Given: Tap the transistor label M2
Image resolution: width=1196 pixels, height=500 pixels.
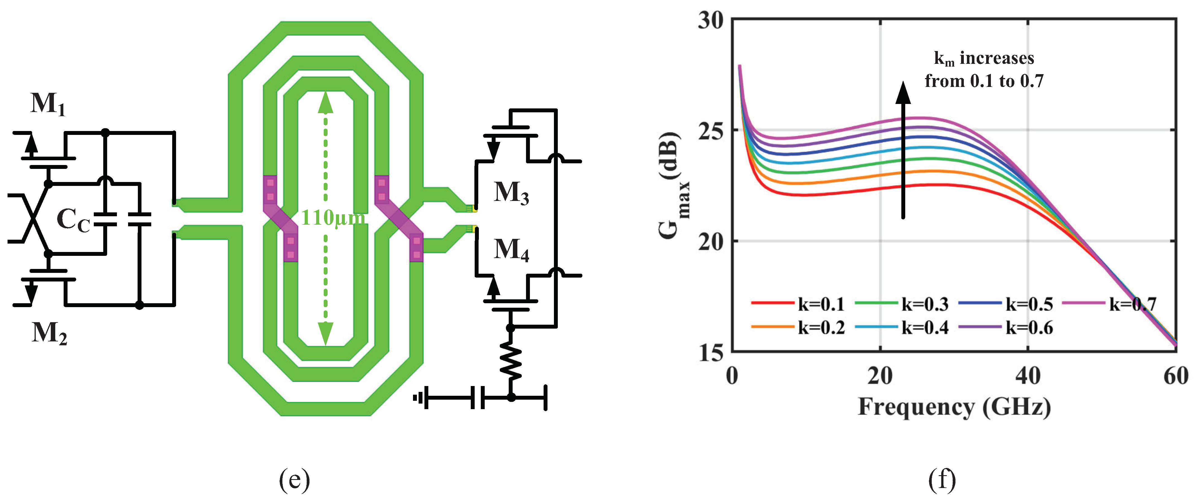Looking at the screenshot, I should [49, 333].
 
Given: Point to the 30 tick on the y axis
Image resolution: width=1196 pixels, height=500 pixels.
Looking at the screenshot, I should [710, 21].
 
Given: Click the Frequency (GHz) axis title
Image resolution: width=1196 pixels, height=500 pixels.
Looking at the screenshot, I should [954, 407].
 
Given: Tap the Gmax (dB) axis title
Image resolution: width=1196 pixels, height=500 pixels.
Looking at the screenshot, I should [671, 186].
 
